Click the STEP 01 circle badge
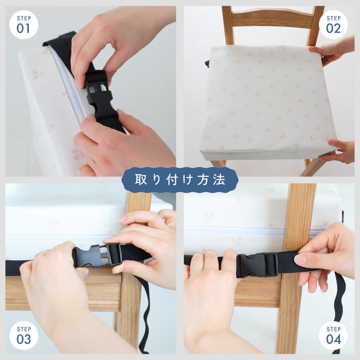pos(23,24)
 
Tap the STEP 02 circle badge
pos(333,24)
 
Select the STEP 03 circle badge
pos(23,335)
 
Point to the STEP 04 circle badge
pos(333,335)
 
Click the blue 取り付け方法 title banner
pos(180,180)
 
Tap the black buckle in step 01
pos(99,94)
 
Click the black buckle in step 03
pos(97,255)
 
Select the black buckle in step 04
pos(257,265)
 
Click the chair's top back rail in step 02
pos(272,17)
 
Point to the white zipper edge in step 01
pos(68,85)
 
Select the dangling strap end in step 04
pos(340,307)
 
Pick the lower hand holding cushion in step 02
pos(337,150)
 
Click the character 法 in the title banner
pos(219,180)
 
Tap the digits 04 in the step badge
pos(333,339)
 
